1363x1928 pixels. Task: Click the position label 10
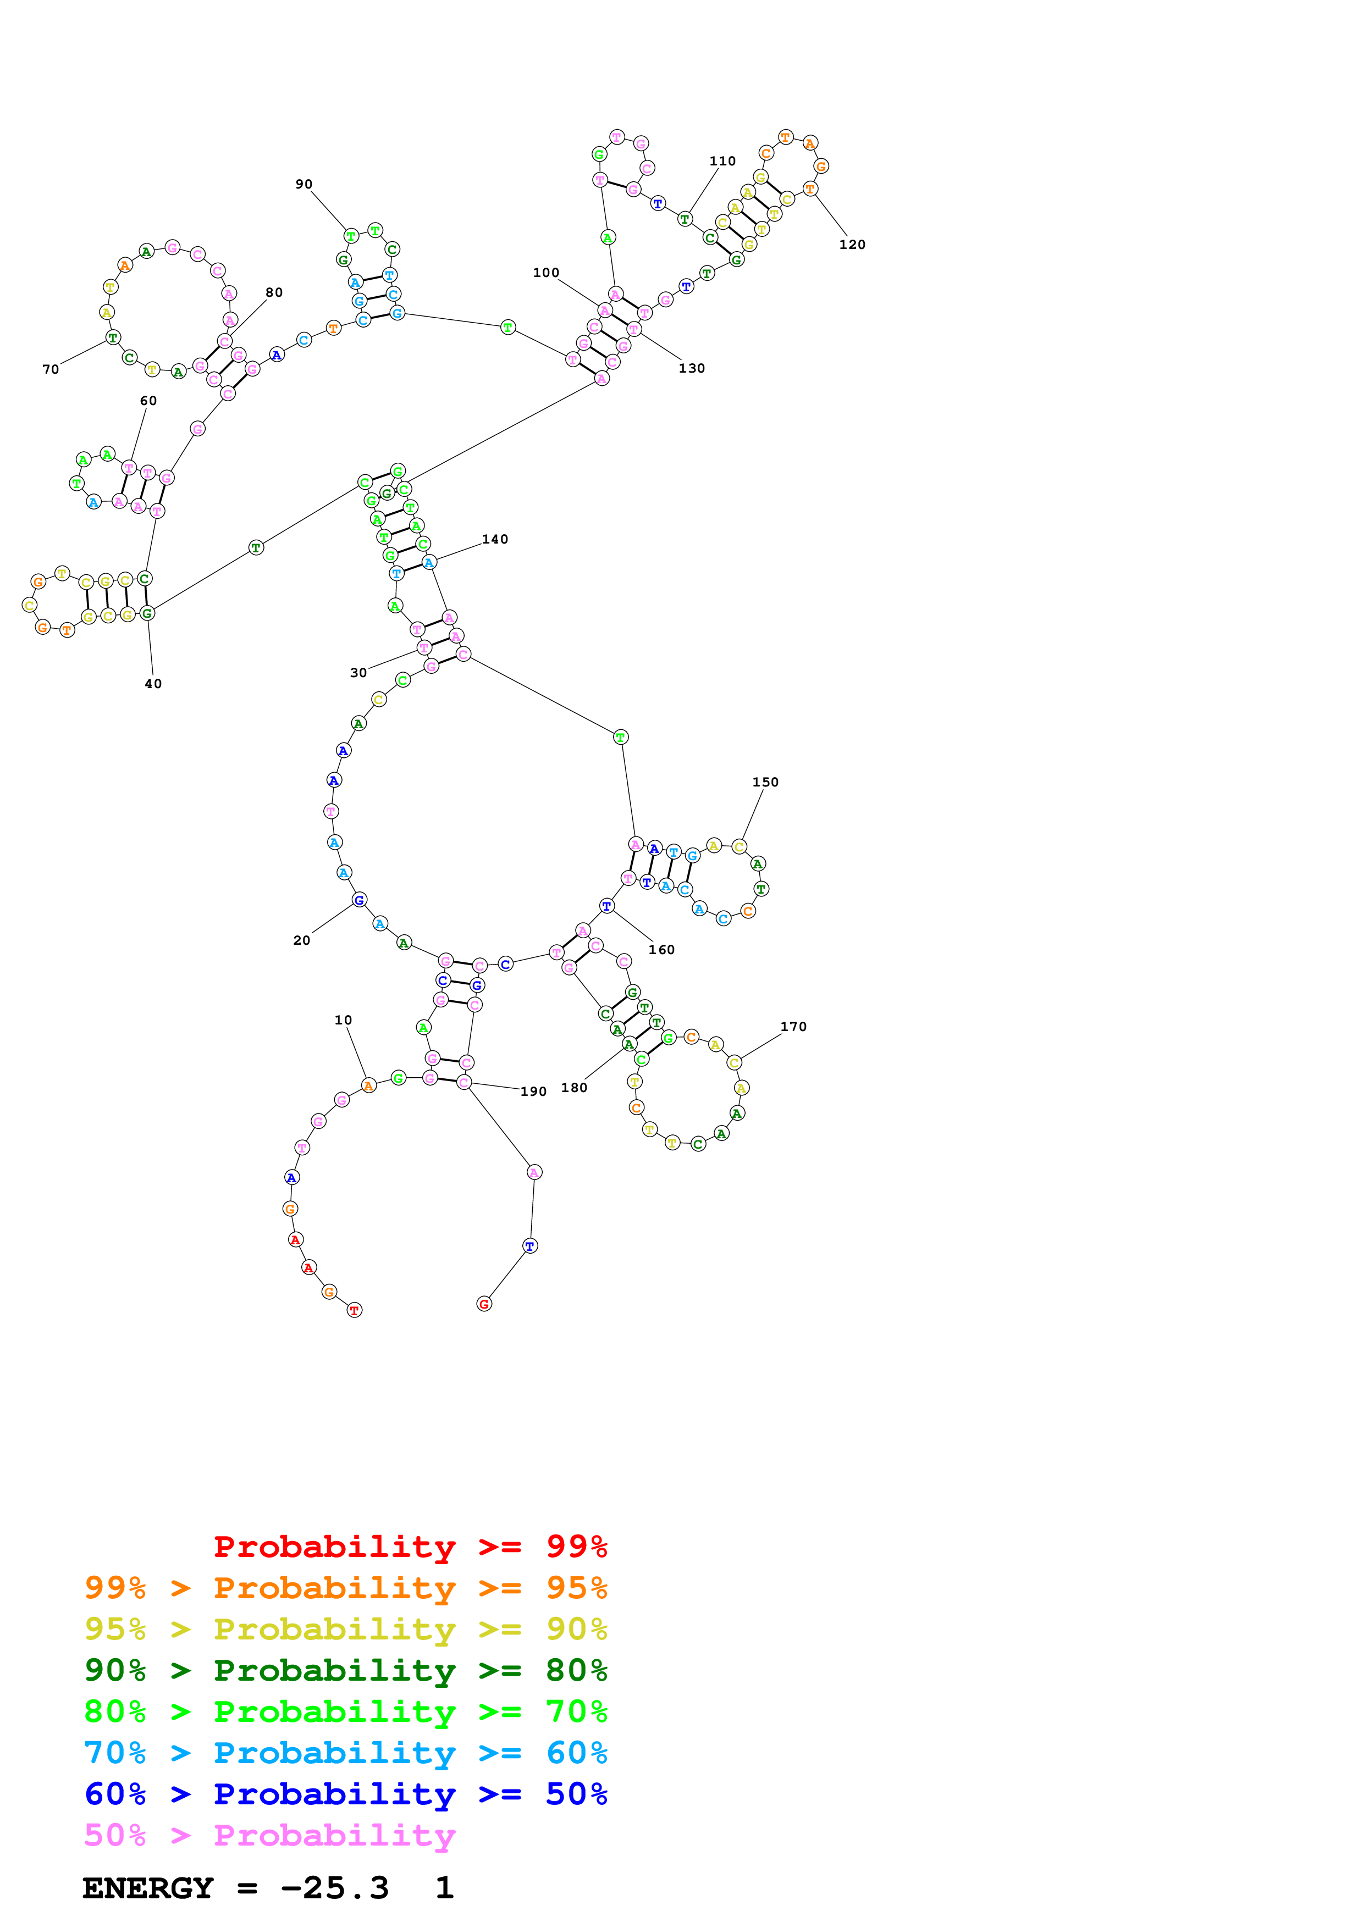pyautogui.click(x=343, y=1020)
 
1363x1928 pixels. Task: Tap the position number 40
pyautogui.click(x=153, y=684)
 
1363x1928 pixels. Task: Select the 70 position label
pyautogui.click(x=51, y=369)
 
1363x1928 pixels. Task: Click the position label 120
pyautogui.click(x=852, y=245)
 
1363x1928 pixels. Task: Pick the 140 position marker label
pyautogui.click(x=495, y=540)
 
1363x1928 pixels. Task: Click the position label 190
pyautogui.click(x=533, y=1092)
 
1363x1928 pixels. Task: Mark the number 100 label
pyautogui.click(x=546, y=273)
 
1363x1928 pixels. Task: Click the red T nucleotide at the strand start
pyautogui.click(x=355, y=1310)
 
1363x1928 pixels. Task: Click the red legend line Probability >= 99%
pyautogui.click(x=410, y=1547)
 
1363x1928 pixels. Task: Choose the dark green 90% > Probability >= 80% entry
pyautogui.click(x=345, y=1670)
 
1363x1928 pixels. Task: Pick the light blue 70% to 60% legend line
pyautogui.click(x=345, y=1753)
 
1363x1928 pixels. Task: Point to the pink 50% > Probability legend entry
pyautogui.click(x=269, y=1835)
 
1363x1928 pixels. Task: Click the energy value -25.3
pyautogui.click(x=334, y=1888)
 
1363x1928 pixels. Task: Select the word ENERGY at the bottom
pyautogui.click(x=148, y=1888)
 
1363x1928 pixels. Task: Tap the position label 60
pyautogui.click(x=148, y=401)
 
